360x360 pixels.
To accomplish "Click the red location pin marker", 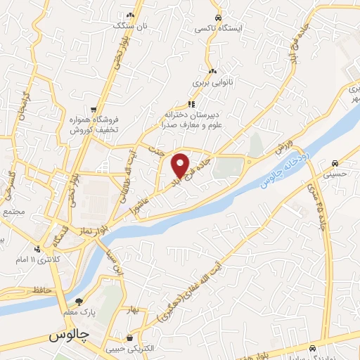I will (181, 166).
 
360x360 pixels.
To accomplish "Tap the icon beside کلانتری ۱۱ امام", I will (37, 248).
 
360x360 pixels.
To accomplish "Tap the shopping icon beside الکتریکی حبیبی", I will (129, 338).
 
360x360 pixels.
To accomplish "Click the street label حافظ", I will (41, 290).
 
